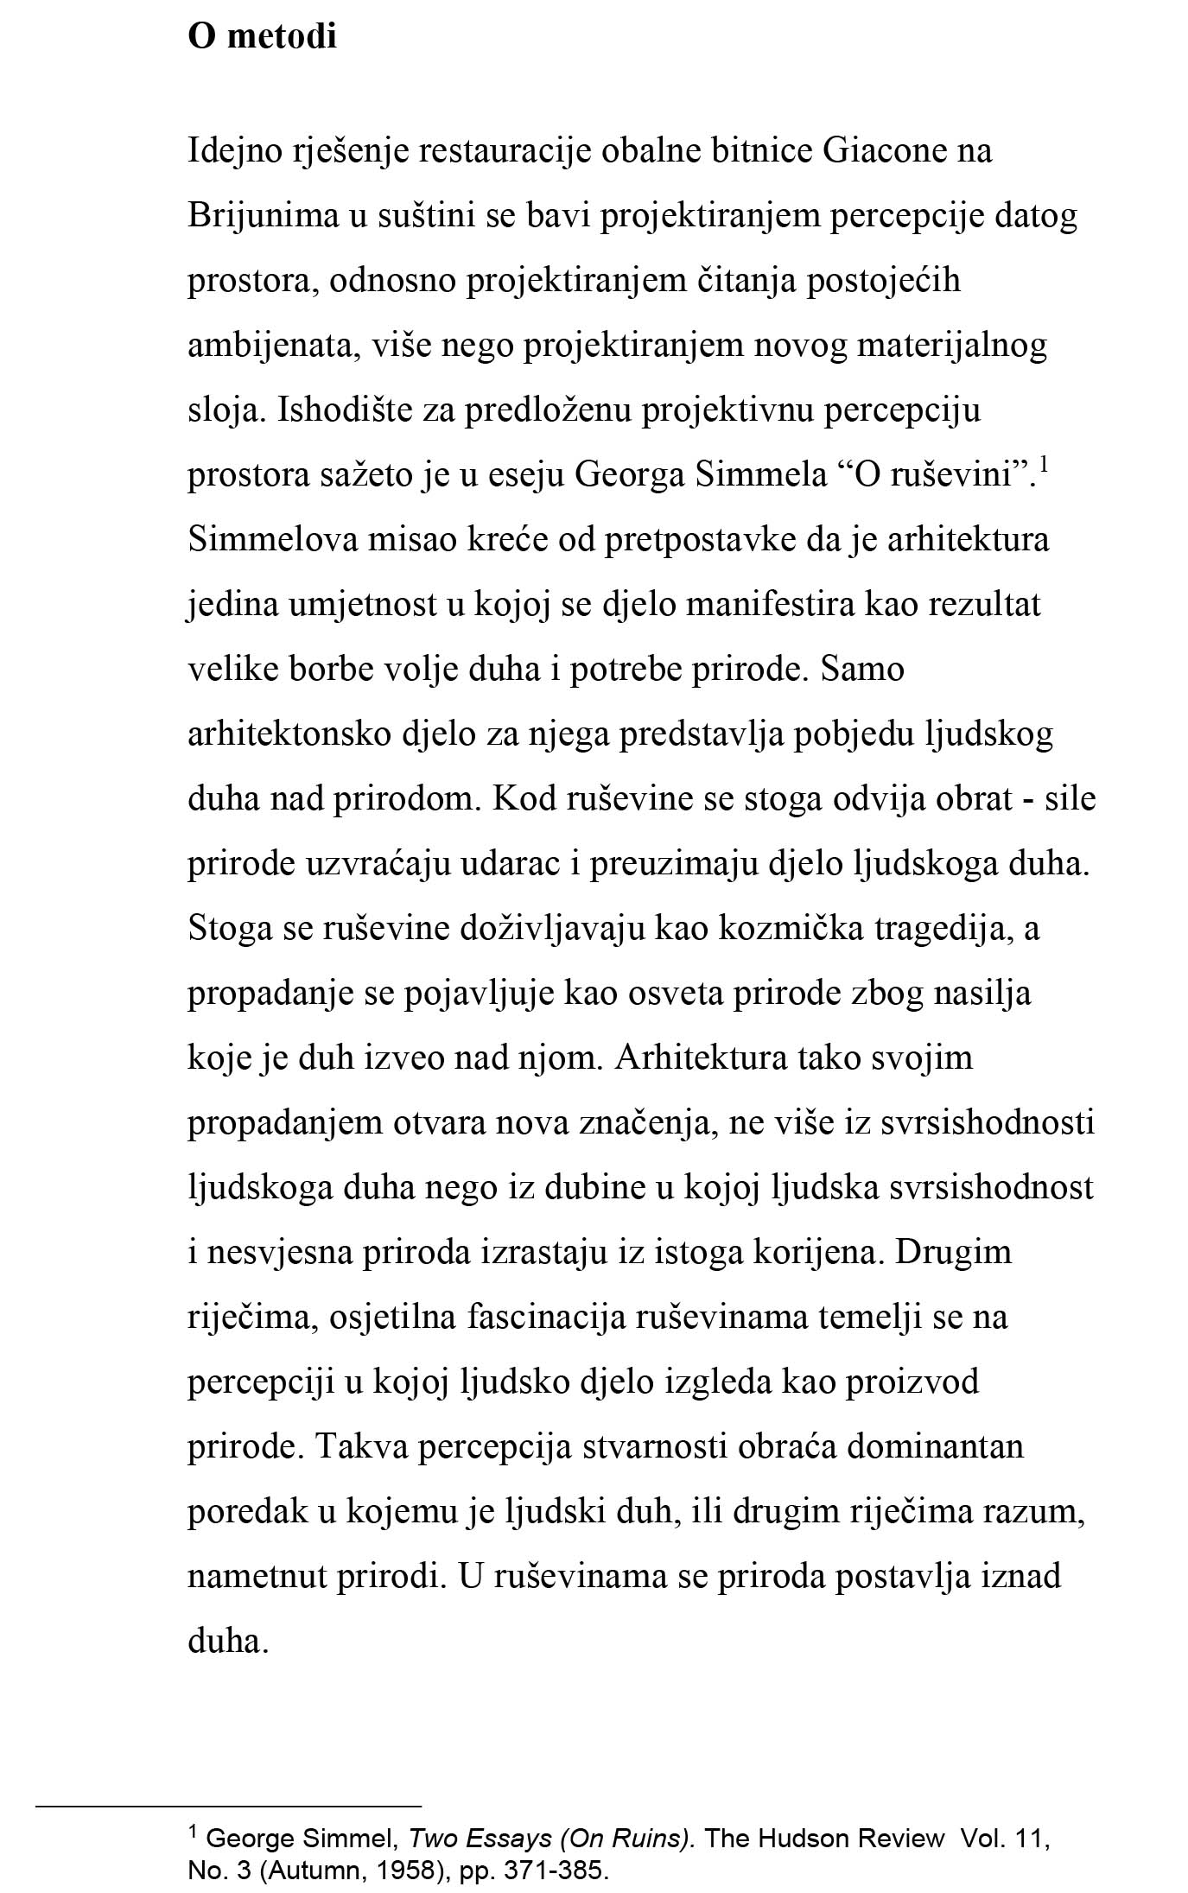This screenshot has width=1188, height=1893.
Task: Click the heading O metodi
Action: [x=262, y=37]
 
